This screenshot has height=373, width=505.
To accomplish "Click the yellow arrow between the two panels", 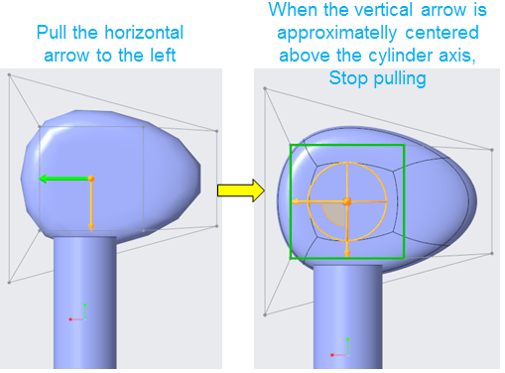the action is (241, 190).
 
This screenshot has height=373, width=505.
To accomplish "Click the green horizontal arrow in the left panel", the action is (64, 179).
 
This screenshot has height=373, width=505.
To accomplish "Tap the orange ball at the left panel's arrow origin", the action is (91, 179).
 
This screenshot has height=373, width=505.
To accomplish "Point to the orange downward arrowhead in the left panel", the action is (91, 227).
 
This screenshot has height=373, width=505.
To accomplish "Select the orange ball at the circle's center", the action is (347, 201).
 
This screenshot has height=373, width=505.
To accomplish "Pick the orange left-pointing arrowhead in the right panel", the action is (295, 201).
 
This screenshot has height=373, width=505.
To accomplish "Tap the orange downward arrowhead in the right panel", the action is (347, 253).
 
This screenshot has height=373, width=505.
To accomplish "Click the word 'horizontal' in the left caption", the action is (144, 33).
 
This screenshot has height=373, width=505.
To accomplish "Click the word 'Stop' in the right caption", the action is (348, 79).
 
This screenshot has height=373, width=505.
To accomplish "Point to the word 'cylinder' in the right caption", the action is (401, 56).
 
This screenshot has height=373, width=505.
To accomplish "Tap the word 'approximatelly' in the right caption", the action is (337, 34).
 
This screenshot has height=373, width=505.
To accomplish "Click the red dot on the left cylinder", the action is (70, 319).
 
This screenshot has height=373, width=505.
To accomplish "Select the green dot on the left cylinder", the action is (85, 305).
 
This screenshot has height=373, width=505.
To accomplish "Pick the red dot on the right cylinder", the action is (332, 355).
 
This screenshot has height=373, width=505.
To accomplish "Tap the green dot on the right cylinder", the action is (348, 339).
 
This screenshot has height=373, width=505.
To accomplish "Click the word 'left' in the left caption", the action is (163, 55).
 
